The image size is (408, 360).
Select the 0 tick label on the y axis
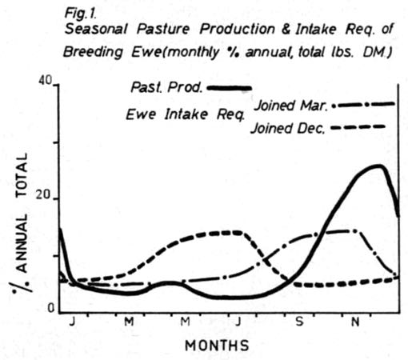[49, 310]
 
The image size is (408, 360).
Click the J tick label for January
[73, 323]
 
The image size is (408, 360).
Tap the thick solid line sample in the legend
[228, 86]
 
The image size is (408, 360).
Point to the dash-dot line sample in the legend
[364, 104]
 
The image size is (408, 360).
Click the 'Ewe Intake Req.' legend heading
[177, 113]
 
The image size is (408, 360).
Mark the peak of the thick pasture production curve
[378, 166]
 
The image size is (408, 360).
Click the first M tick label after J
[128, 323]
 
